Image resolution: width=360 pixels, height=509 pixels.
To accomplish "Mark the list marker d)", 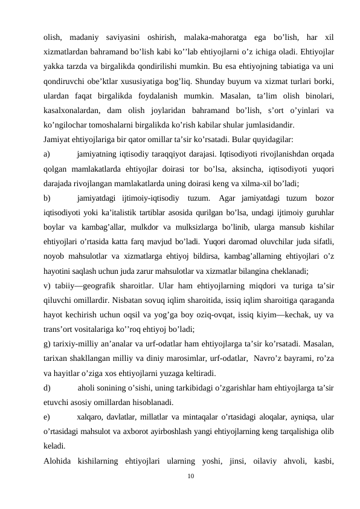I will [48, 387].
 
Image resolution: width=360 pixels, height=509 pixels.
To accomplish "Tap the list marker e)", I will [48, 417].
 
